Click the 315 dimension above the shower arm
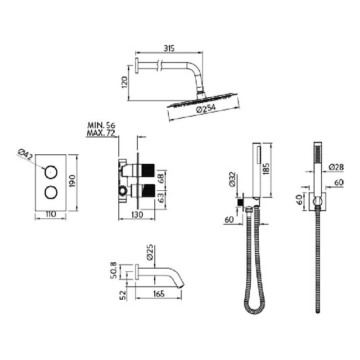click(x=169, y=49)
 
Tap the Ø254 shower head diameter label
click(x=206, y=108)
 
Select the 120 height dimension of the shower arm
click(x=124, y=82)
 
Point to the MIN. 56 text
click(x=101, y=126)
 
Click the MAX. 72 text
click(x=101, y=133)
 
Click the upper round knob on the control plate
click(x=51, y=172)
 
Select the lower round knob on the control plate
click(x=51, y=193)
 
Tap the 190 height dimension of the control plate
click(x=72, y=181)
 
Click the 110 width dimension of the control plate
click(x=51, y=214)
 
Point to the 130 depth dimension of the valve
click(x=137, y=215)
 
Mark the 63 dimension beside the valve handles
click(x=161, y=198)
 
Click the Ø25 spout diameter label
click(x=149, y=252)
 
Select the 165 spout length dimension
click(x=158, y=294)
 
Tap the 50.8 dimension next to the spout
click(x=114, y=270)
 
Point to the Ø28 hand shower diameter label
click(x=336, y=167)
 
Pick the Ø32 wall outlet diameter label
click(x=232, y=179)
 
